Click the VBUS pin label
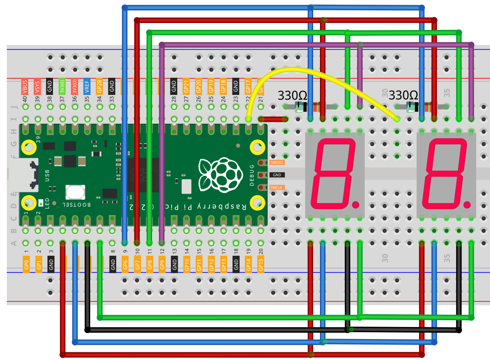click(25, 87)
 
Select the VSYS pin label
click(37, 87)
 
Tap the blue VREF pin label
click(87, 87)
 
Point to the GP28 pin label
click(99, 87)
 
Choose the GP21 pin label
click(186, 87)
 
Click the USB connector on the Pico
click(21, 175)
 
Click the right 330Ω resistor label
click(404, 95)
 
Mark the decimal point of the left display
click(355, 205)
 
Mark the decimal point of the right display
click(467, 205)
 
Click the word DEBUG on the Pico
click(252, 175)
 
